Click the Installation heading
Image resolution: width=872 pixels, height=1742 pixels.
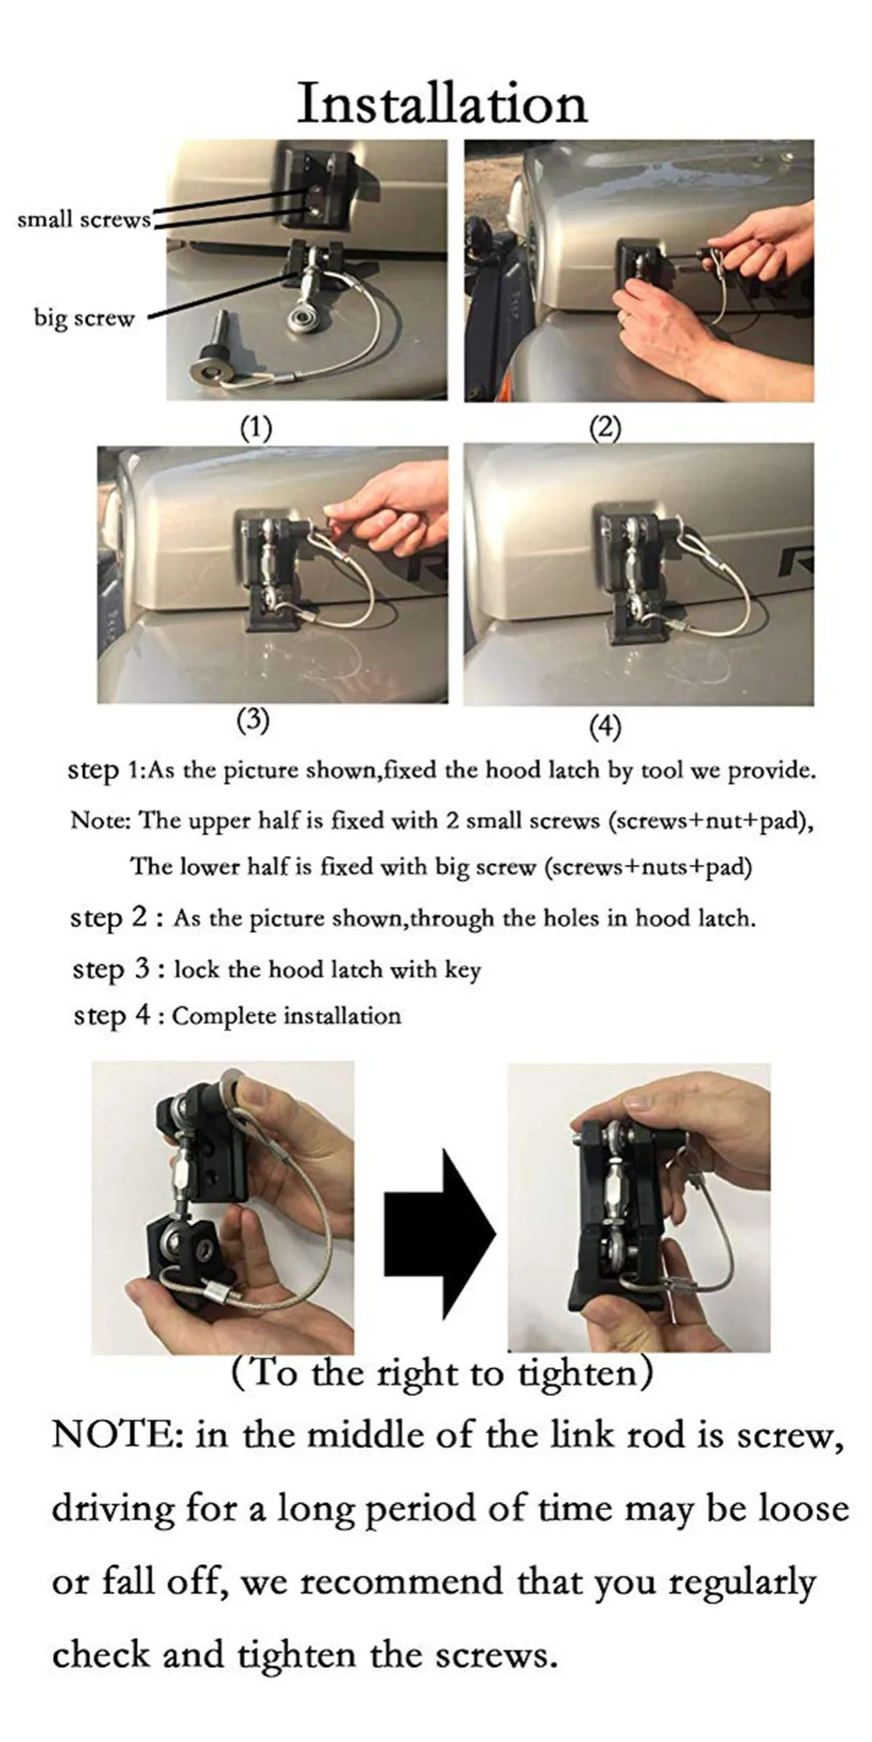442,104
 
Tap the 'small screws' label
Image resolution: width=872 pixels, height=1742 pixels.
84,219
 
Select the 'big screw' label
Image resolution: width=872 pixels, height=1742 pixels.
85,317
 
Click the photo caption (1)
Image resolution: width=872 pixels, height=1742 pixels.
256,428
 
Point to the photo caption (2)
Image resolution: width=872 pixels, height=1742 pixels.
605,429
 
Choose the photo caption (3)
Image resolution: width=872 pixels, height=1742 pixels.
254,720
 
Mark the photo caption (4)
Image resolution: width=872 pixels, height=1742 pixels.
605,726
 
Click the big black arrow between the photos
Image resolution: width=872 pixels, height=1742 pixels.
439,1233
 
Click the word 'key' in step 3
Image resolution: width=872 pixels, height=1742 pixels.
462,971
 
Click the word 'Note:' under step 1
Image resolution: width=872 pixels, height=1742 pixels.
101,820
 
